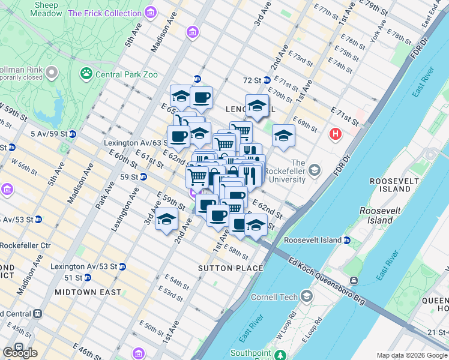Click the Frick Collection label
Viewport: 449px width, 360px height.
[105, 13]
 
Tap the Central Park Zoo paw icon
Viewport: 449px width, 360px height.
[86, 74]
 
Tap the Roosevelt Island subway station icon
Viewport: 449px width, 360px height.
[347, 240]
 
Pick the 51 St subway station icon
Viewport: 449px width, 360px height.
[87, 278]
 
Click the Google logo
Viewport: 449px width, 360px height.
[20, 352]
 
